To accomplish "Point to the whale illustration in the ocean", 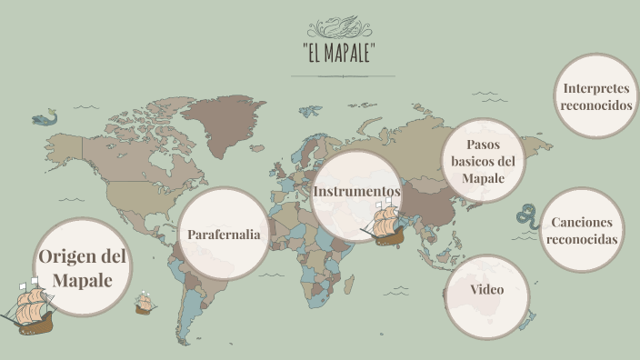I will click(45, 117).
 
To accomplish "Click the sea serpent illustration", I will click(526, 216).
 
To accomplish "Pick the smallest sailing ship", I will click(144, 303).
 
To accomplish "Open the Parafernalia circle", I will click(224, 235).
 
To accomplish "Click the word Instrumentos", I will click(356, 191).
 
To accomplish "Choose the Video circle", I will click(487, 290).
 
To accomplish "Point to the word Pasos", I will click(484, 145).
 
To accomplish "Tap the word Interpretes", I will click(595, 88).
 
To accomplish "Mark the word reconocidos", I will click(595, 105).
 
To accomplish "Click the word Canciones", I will click(581, 223).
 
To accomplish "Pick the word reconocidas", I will click(582, 239).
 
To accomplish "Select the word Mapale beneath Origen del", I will click(82, 280).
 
